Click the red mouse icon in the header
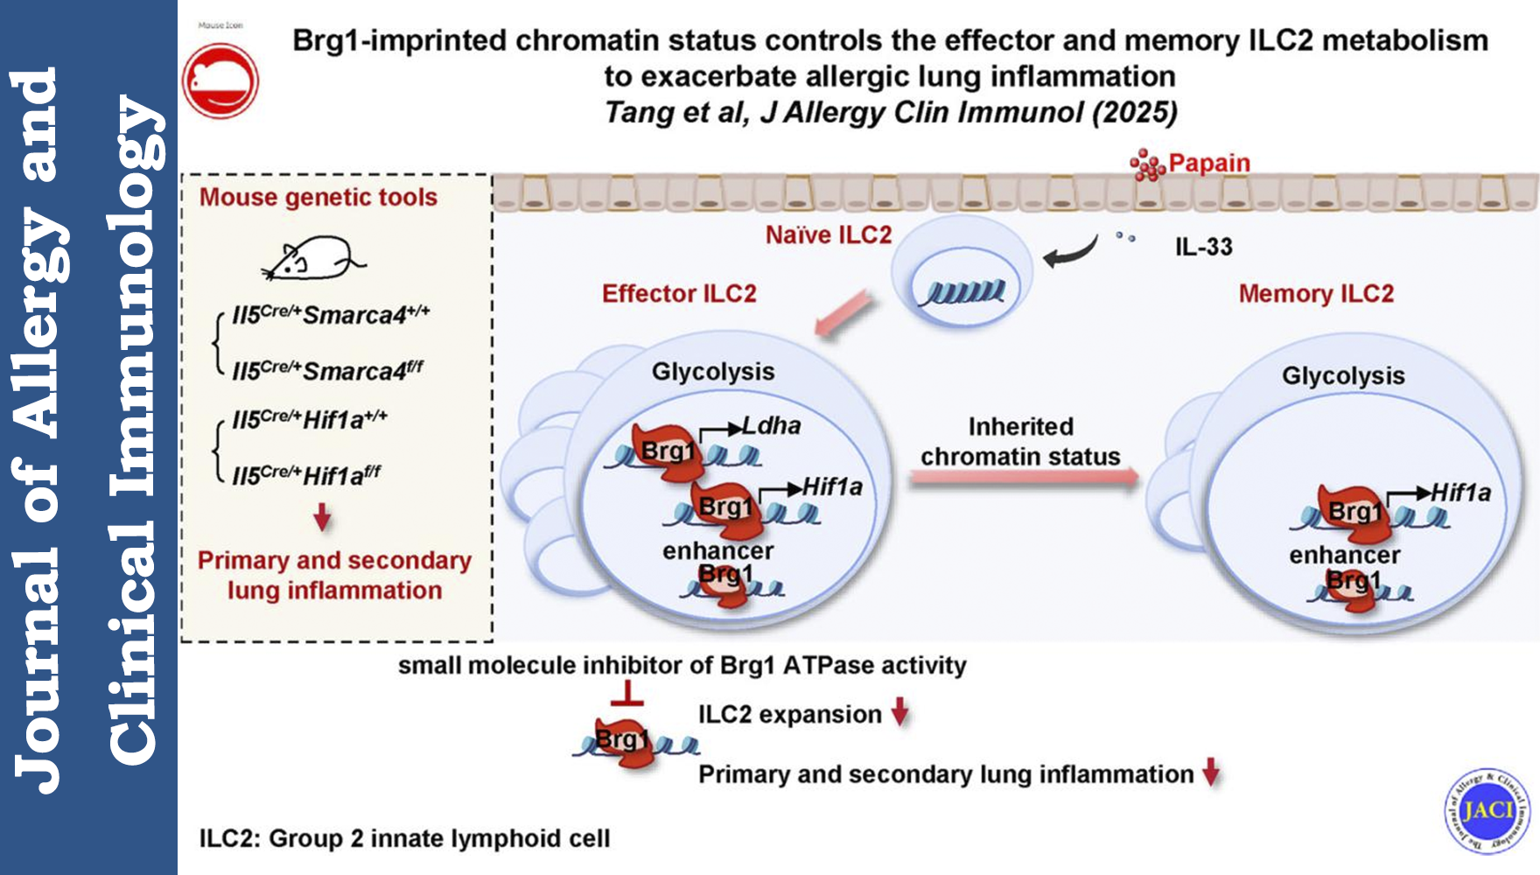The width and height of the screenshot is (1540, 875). coord(220,80)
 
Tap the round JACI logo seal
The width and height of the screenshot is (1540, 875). coord(1487,810)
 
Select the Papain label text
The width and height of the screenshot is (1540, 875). coord(1209,163)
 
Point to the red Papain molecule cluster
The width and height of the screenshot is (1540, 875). coord(1147,164)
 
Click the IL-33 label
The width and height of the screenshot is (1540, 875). coord(1203,247)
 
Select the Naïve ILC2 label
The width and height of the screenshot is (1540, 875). coord(828,234)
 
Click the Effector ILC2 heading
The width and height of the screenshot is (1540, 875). coord(679,293)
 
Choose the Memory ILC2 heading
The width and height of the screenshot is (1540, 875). coord(1316,293)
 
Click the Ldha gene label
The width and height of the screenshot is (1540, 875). coord(772,425)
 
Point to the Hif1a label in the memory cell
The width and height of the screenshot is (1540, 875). coord(1460,493)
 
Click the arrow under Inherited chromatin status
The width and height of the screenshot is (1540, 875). coord(1024,478)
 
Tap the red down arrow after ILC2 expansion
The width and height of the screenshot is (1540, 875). coord(900,712)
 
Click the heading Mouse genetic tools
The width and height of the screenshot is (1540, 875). coord(318,197)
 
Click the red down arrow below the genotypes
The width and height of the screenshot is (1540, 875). coord(322,517)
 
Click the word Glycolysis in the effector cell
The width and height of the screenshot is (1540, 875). coord(713,371)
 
